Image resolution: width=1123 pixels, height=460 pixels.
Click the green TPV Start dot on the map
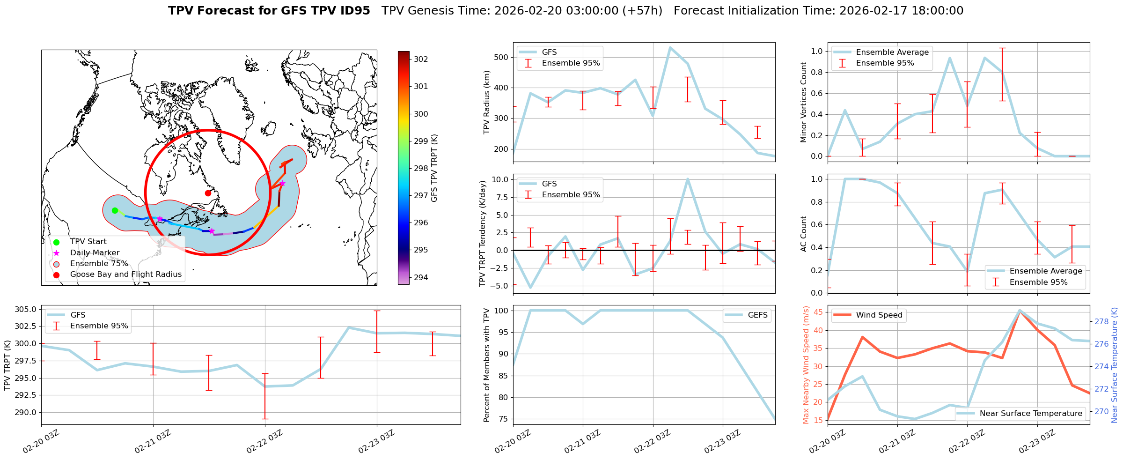pyautogui.click(x=115, y=210)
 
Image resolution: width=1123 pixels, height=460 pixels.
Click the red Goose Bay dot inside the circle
pyautogui.click(x=208, y=193)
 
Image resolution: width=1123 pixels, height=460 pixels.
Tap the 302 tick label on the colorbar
pyautogui.click(x=421, y=59)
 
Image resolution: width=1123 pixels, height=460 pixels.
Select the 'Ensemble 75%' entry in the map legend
pyautogui.click(x=99, y=263)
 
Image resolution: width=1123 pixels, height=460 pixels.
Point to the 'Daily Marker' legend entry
pyautogui.click(x=95, y=252)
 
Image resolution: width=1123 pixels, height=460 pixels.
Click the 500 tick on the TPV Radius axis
pyautogui.click(x=501, y=57)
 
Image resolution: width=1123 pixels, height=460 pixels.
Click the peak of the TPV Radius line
pyautogui.click(x=670, y=47)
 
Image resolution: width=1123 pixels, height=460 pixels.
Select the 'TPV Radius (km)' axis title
pyautogui.click(x=486, y=102)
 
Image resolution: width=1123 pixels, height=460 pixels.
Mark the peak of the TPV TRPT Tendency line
pyautogui.click(x=687, y=178)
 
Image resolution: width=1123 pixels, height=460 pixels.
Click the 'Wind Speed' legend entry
pyautogui.click(x=879, y=315)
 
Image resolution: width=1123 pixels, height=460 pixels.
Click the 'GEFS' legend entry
pyautogui.click(x=757, y=315)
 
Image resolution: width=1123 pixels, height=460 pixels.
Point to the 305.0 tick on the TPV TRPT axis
pyautogui.click(x=26, y=309)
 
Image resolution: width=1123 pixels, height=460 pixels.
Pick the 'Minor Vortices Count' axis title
pyautogui.click(x=804, y=102)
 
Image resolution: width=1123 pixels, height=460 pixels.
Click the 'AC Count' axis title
pyautogui.click(x=804, y=233)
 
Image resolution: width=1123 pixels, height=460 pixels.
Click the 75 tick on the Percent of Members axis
pyautogui.click(x=504, y=419)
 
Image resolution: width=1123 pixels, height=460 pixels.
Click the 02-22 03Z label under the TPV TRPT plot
pyautogui.click(x=264, y=441)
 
